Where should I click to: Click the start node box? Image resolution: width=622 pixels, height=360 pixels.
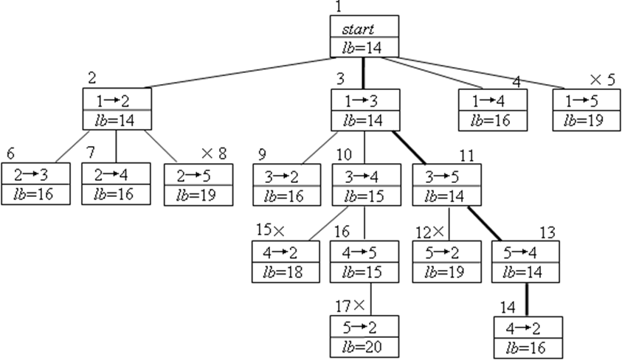point(364,36)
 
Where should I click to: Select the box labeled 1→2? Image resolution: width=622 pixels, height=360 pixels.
point(117,109)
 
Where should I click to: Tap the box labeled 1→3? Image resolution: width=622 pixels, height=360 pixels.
point(364,109)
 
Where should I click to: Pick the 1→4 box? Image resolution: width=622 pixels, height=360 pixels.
point(493,109)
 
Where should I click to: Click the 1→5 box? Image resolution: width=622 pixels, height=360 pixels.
point(587,109)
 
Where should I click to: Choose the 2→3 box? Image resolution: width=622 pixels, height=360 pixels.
point(36,184)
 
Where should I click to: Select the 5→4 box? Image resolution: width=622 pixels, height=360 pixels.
point(526,261)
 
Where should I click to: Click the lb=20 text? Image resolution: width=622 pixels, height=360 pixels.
point(364,346)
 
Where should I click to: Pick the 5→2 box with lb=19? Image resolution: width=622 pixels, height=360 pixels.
point(446,261)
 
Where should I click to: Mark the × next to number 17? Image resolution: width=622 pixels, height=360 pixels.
point(359,304)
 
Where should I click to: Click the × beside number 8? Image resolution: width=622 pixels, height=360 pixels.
point(207,153)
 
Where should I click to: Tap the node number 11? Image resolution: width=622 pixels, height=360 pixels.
point(466,154)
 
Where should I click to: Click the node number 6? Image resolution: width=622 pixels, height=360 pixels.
point(10,153)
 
